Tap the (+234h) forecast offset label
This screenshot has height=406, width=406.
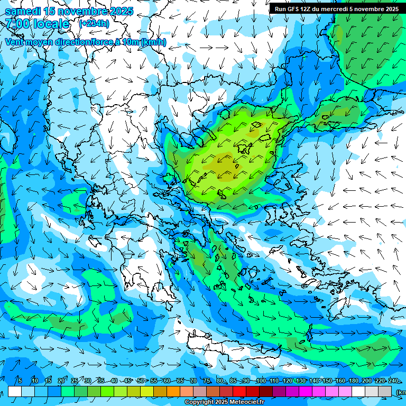pyautogui.click(x=94, y=23)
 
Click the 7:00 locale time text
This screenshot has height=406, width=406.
pyautogui.click(x=37, y=24)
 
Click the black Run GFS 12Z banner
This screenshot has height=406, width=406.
pyautogui.click(x=336, y=9)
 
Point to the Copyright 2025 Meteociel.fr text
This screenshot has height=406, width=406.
pyautogui.click(x=224, y=402)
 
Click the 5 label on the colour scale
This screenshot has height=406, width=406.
pyautogui.click(x=20, y=381)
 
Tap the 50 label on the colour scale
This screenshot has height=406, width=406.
pyautogui.click(x=140, y=381)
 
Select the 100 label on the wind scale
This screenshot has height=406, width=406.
pyautogui.click(x=261, y=381)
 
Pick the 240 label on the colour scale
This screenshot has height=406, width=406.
pyautogui.click(x=393, y=381)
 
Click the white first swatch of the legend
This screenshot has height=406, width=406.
pyautogui.click(x=15, y=392)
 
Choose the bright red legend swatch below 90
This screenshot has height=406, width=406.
pyautogui.click(x=239, y=392)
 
